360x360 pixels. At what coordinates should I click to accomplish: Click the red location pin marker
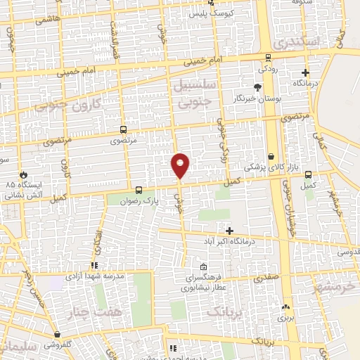(180, 165)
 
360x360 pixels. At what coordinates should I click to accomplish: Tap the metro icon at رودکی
(267, 58)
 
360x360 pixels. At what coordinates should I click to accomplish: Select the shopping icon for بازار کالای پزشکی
(271, 156)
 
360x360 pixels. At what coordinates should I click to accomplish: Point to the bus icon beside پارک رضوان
(139, 190)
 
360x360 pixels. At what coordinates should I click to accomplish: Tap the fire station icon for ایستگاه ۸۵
(25, 174)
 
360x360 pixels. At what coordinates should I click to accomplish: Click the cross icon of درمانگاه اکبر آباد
(229, 230)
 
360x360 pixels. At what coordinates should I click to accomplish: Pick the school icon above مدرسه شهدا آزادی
(94, 264)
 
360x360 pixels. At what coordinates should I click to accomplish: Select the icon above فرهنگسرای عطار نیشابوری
(203, 267)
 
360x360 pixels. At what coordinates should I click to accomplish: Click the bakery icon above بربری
(285, 307)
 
